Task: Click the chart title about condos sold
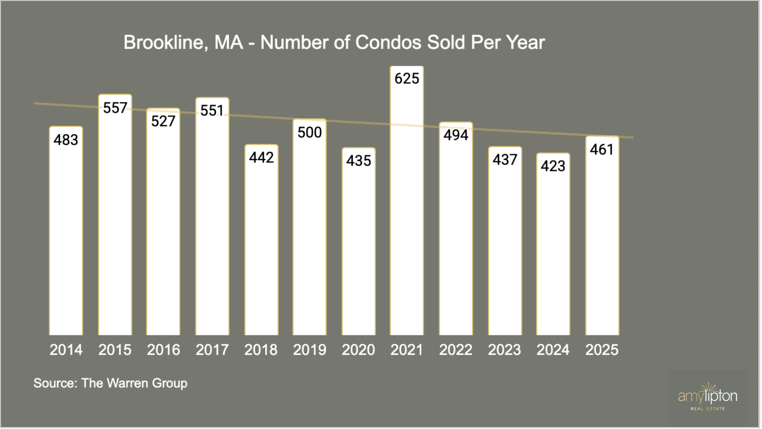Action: [334, 43]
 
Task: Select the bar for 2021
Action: [407, 210]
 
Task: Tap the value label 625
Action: [407, 79]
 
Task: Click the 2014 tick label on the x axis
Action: [66, 350]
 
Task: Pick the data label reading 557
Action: [115, 108]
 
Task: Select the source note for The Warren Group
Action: [110, 383]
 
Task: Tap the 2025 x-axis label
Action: [602, 350]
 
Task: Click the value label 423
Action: [553, 166]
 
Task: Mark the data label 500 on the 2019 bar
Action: [309, 132]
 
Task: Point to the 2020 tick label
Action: [358, 350]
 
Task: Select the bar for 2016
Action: [163, 231]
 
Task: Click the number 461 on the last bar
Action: [602, 149]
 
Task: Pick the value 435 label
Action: [358, 161]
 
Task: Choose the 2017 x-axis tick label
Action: [212, 350]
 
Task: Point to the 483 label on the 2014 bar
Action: [66, 140]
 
